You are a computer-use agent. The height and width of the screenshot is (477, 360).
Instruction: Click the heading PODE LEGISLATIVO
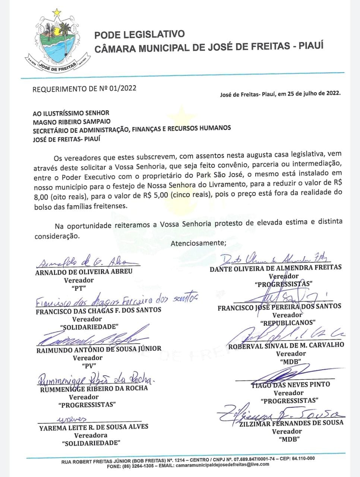coord(139,35)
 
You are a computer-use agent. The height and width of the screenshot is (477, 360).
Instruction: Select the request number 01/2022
coord(123,88)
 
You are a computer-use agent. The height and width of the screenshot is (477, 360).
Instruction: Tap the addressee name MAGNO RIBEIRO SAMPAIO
coord(72,121)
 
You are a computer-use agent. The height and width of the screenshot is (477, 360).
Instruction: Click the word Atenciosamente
coord(198,243)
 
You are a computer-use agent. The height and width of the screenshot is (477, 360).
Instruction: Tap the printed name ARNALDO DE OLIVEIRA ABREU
coord(84,271)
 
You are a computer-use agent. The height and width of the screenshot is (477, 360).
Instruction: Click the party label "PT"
coord(79,288)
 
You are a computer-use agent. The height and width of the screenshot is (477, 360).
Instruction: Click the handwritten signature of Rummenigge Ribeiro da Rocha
coord(95,380)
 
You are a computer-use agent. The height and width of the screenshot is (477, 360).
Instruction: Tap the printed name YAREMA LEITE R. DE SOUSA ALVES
coord(94,427)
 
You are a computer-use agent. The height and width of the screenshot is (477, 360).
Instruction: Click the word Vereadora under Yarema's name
coord(91,435)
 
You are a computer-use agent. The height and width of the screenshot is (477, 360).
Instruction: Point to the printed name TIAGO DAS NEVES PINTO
coord(290,384)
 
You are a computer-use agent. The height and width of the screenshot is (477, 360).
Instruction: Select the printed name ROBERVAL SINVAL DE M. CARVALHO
coord(286,345)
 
